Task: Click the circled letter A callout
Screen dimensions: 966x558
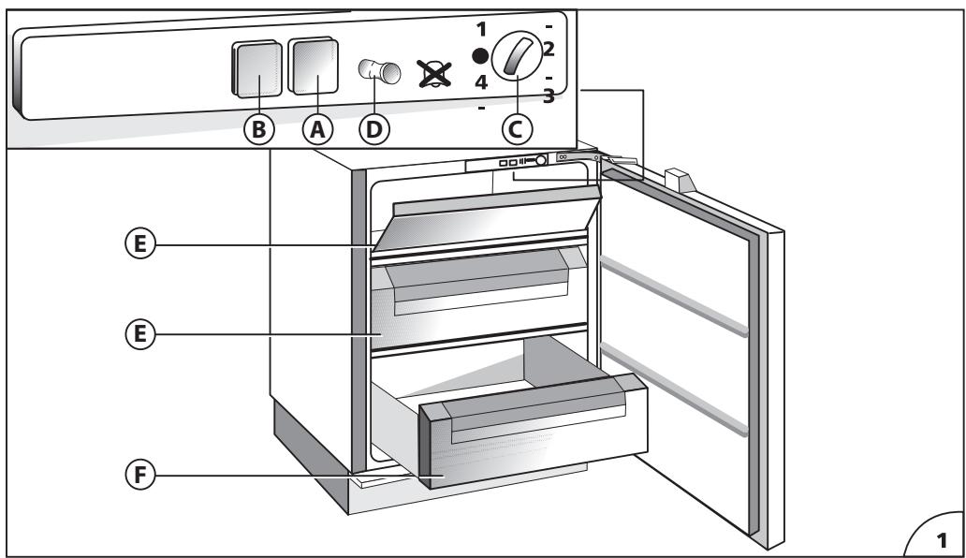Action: coord(317,130)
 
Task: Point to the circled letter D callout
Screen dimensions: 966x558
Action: coord(374,130)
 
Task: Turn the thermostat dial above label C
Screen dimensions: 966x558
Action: coord(515,60)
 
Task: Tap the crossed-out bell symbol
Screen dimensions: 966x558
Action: coord(435,71)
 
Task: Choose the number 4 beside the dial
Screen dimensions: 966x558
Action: coord(480,82)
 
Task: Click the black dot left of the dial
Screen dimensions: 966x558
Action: coord(480,56)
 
